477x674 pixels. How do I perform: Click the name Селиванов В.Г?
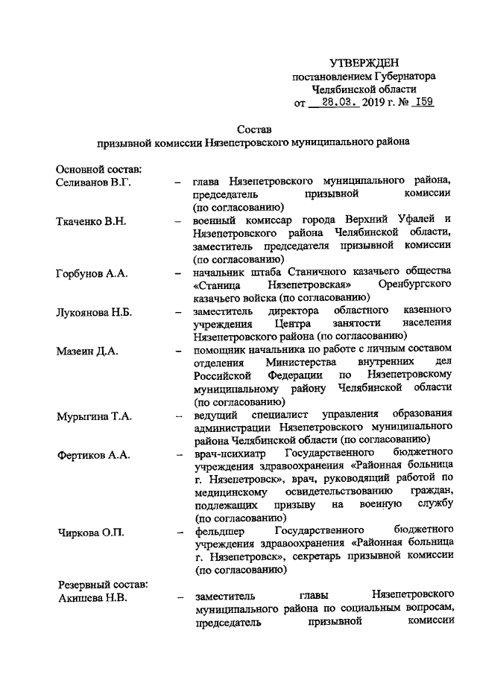pos(93,182)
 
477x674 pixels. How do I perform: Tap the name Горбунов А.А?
pos(92,273)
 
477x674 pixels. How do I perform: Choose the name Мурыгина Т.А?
pos(93,416)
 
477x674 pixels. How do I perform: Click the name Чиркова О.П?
pos(89,532)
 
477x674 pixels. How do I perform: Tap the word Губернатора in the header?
pos(405,75)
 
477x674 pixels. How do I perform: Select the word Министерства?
pos(293,363)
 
